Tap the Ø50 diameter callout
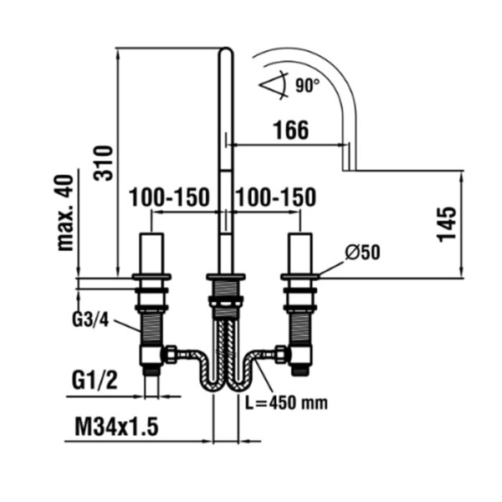tap(361, 252)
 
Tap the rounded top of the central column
tap(226, 54)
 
